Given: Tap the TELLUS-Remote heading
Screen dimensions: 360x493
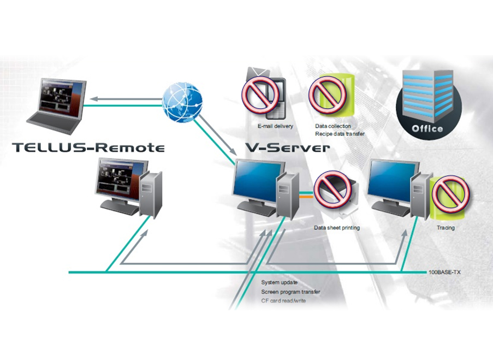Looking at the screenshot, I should click(87, 147).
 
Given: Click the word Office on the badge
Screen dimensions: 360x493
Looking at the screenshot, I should click(427, 129).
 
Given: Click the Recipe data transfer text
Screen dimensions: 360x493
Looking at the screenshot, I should click(339, 133).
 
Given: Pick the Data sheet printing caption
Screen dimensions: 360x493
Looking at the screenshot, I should click(336, 228).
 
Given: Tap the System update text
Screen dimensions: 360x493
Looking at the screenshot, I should click(280, 283).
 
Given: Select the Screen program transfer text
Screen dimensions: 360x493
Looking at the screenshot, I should click(290, 292).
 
